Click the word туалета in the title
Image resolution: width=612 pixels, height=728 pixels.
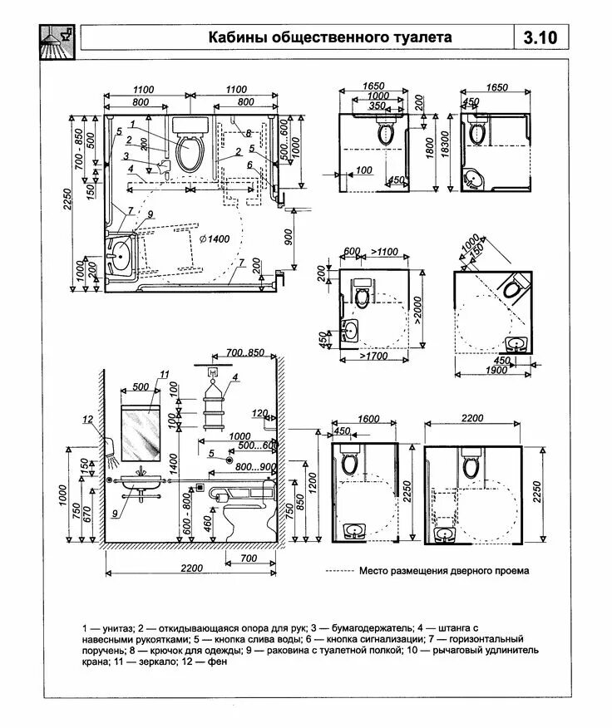(x=422, y=37)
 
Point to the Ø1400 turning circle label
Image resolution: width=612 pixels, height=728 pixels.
(x=214, y=239)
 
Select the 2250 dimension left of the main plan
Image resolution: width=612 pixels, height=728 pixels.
(x=75, y=199)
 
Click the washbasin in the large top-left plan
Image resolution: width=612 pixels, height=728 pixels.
(x=122, y=256)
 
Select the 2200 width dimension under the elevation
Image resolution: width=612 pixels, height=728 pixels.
(x=190, y=568)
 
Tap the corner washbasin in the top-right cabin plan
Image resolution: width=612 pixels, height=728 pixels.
(x=475, y=177)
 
